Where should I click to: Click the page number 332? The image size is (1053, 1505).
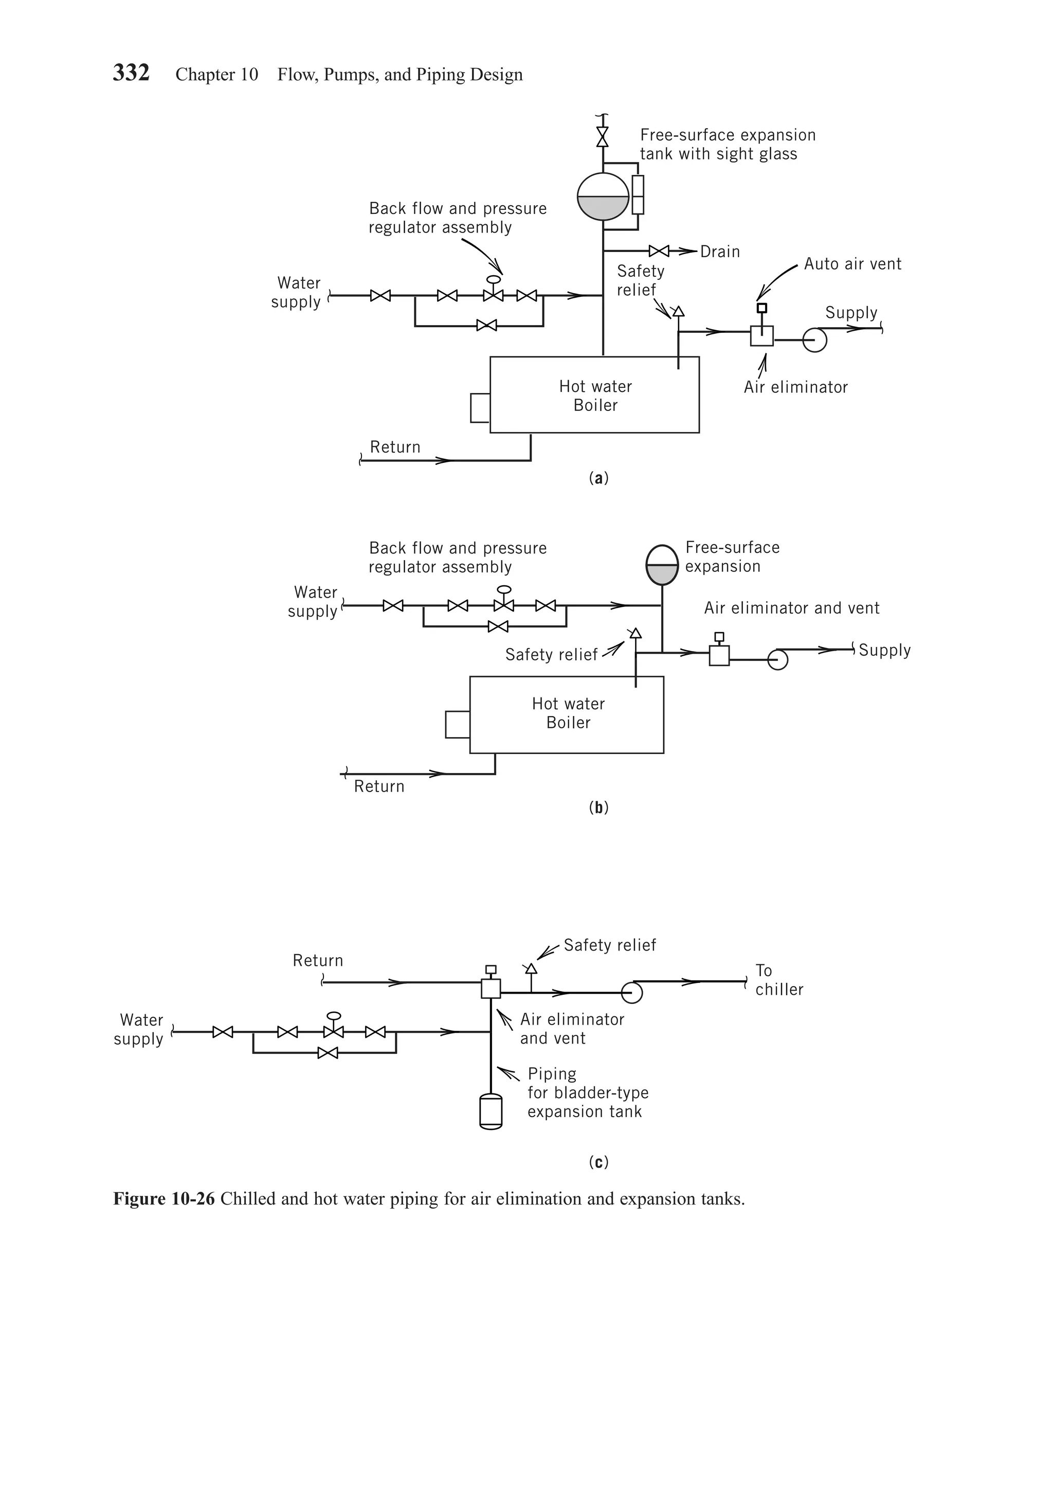pyautogui.click(x=131, y=73)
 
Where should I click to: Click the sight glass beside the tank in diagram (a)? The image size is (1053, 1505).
pyautogui.click(x=638, y=194)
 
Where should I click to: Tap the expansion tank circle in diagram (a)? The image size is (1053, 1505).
pyautogui.click(x=603, y=196)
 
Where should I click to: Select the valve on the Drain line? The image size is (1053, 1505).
pyautogui.click(x=659, y=251)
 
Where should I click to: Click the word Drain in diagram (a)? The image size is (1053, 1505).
pyautogui.click(x=719, y=252)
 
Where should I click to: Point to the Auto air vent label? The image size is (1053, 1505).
pyautogui.click(x=852, y=264)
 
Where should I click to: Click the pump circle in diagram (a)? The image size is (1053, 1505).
pyautogui.click(x=814, y=340)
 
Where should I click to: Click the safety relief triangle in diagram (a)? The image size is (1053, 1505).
pyautogui.click(x=678, y=311)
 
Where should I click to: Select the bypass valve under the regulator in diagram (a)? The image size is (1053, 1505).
pyautogui.click(x=486, y=325)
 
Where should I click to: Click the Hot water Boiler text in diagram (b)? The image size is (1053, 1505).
pyautogui.click(x=568, y=713)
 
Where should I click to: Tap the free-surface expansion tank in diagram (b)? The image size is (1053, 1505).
pyautogui.click(x=662, y=565)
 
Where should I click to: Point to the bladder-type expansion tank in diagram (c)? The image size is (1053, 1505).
pyautogui.click(x=491, y=1111)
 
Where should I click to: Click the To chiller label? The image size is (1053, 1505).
pyautogui.click(x=778, y=980)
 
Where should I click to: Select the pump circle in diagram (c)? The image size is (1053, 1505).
pyautogui.click(x=632, y=992)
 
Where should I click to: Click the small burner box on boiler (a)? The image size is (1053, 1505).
pyautogui.click(x=480, y=408)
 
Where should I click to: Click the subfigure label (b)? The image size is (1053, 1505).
pyautogui.click(x=598, y=808)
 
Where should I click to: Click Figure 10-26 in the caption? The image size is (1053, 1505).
pyautogui.click(x=164, y=1199)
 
